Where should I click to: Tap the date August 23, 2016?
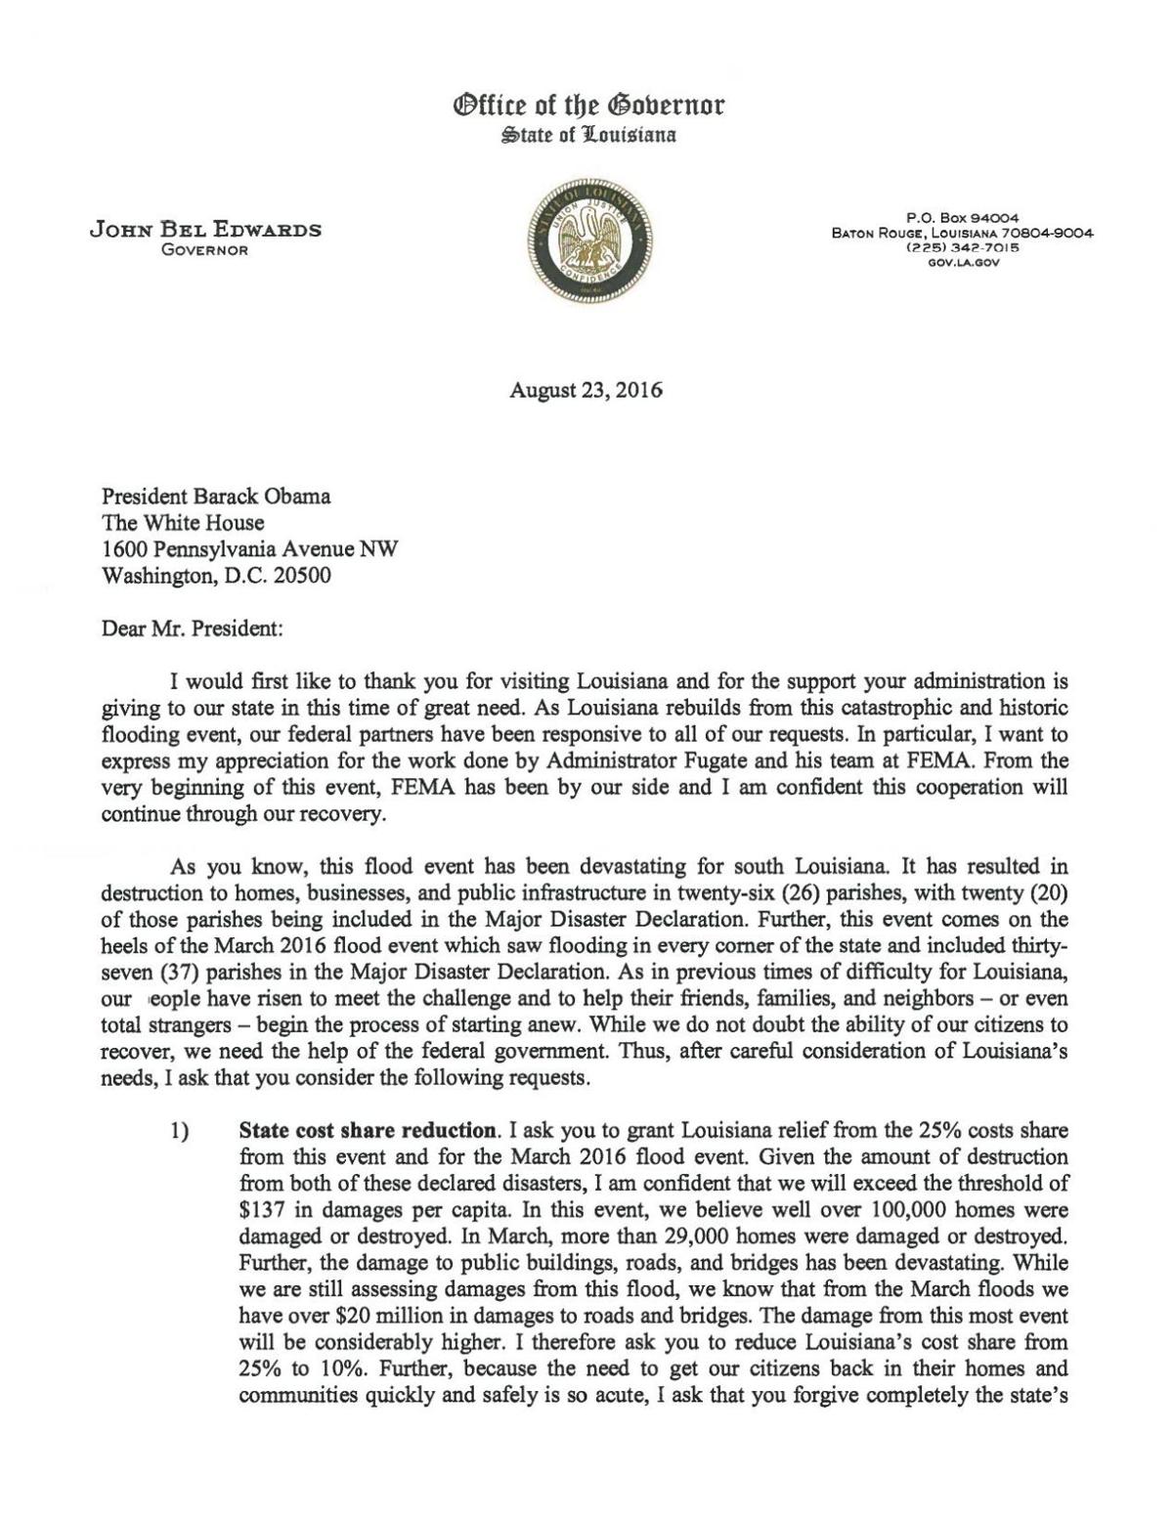click(x=586, y=391)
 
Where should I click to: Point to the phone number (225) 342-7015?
click(x=962, y=248)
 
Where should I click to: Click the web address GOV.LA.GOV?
click(x=962, y=261)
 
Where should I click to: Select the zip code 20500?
click(x=301, y=576)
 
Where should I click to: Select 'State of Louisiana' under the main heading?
click(x=586, y=135)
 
